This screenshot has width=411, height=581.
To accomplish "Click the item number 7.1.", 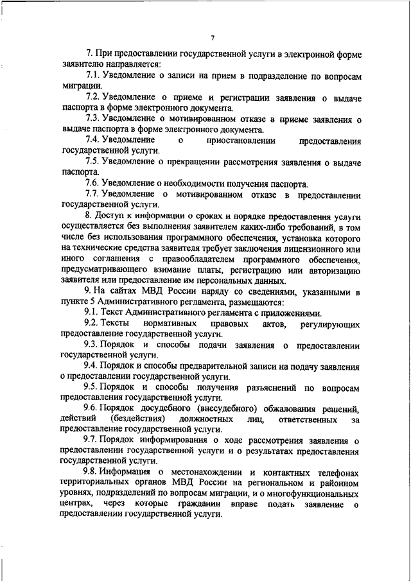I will click(94, 76).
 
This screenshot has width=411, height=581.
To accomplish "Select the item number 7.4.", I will click(94, 139).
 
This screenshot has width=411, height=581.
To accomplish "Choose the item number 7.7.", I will click(94, 195).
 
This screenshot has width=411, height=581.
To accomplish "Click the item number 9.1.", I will click(94, 313).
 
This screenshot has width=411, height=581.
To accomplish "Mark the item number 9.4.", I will click(94, 367).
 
